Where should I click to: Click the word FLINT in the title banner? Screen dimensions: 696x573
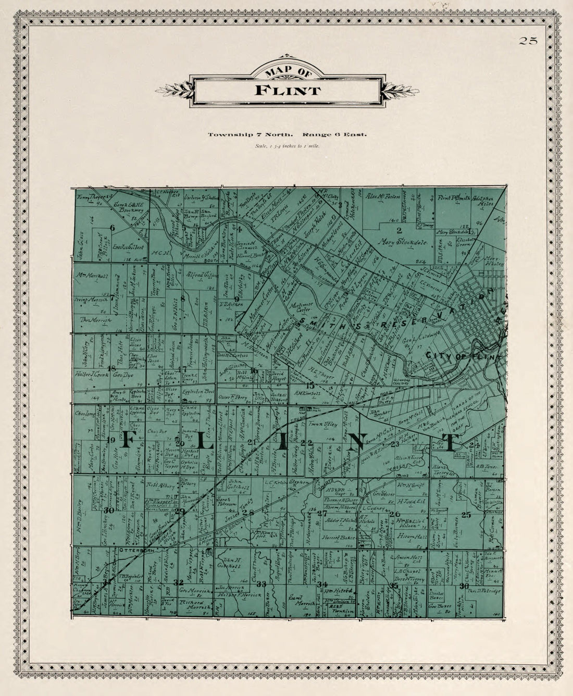[288, 90]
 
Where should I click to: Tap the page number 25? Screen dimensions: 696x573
[527, 41]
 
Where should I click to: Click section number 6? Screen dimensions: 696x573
[112, 228]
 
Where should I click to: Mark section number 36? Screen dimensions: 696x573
[464, 586]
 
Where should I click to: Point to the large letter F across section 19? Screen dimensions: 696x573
[128, 441]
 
